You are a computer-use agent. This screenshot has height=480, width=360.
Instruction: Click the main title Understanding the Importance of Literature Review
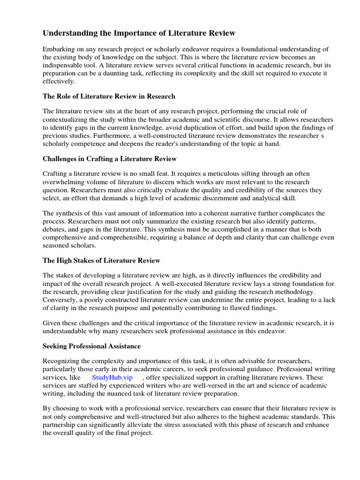click(139, 33)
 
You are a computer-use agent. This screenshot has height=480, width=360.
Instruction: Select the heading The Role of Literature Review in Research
click(109, 96)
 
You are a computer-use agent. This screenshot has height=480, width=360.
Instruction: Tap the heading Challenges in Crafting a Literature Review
click(110, 159)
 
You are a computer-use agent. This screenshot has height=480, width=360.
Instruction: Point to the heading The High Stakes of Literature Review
click(101, 260)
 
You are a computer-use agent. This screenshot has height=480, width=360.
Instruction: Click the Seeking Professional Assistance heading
click(91, 346)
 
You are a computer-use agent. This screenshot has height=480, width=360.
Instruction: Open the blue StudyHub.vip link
click(112, 377)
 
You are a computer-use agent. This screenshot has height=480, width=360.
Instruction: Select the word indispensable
click(64, 65)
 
